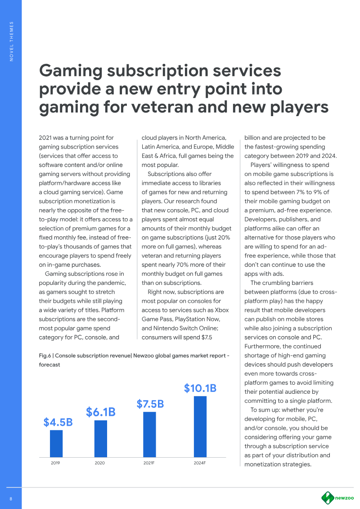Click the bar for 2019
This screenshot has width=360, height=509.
[x=56, y=443]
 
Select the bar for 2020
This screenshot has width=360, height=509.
[x=101, y=438]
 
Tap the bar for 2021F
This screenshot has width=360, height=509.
[x=149, y=434]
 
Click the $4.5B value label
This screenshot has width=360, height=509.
[x=58, y=422]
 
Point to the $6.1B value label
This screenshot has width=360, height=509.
[x=101, y=412]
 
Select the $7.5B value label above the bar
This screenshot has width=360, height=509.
[x=150, y=404]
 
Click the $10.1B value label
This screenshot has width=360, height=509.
[x=200, y=388]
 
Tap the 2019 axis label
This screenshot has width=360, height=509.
[x=55, y=463]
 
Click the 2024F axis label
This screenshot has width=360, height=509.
[x=199, y=463]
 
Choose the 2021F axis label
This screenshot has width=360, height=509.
[x=149, y=463]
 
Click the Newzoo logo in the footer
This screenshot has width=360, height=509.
[x=337, y=498]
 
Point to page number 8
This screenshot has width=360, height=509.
[x=11, y=498]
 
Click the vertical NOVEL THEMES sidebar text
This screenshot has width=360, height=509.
[x=11, y=41]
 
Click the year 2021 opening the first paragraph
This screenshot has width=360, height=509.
[x=46, y=138]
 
